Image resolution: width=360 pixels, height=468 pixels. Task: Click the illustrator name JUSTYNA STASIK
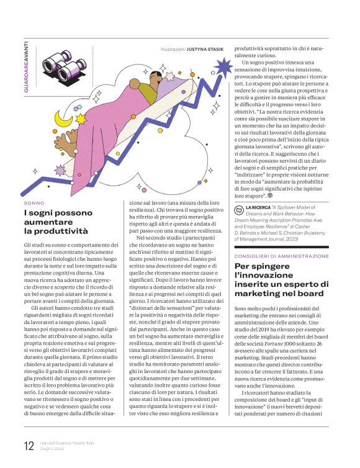click(207, 48)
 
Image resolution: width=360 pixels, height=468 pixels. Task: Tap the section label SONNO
click(34, 203)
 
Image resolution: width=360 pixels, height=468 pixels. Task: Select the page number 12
click(29, 444)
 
